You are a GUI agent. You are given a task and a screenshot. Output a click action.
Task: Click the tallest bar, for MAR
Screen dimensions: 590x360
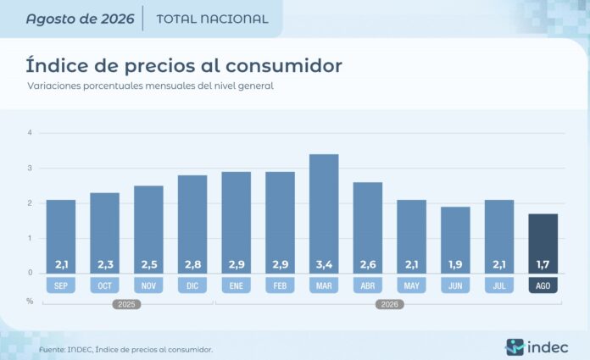(x=324, y=213)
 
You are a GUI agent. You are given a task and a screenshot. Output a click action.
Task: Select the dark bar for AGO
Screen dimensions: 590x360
(x=543, y=244)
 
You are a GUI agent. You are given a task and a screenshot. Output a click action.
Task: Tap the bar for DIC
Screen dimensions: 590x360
(x=192, y=224)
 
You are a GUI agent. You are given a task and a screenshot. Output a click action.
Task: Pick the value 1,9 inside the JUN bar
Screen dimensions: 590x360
(x=455, y=264)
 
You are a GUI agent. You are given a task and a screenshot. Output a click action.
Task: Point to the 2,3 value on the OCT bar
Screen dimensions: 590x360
(x=105, y=264)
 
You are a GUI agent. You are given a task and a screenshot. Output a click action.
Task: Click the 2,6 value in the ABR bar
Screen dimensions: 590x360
(x=368, y=264)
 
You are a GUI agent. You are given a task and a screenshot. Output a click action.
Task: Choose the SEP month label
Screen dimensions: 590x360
(x=61, y=285)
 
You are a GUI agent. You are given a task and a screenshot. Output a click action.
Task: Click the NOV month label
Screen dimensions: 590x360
(x=148, y=285)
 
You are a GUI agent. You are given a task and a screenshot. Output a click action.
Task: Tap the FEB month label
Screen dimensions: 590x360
(x=280, y=285)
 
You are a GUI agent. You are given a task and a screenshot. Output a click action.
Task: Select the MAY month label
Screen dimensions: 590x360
(x=412, y=285)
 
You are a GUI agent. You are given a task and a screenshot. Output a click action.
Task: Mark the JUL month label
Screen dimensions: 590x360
(x=499, y=285)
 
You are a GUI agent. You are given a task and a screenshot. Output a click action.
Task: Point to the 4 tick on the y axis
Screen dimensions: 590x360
(x=30, y=132)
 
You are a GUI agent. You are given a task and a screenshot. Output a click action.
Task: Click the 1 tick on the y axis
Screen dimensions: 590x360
(x=30, y=238)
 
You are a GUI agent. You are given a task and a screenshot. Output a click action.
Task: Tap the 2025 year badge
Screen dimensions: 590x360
(x=126, y=304)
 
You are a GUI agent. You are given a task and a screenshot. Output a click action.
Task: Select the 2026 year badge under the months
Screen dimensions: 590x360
(x=389, y=304)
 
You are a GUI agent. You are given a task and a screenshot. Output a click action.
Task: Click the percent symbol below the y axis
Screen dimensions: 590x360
(x=30, y=302)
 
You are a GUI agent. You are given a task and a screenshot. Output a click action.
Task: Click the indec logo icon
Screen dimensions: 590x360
(x=515, y=347)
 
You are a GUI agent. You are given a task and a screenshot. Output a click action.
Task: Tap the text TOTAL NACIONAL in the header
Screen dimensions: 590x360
(x=212, y=19)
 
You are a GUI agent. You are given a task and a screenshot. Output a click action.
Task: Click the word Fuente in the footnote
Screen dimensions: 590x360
(x=52, y=350)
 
